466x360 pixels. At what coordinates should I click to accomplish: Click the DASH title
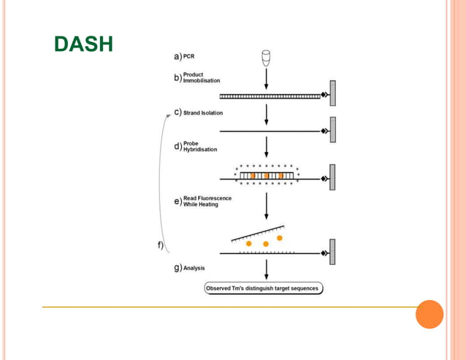84,45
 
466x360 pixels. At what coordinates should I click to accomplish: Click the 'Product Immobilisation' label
201,77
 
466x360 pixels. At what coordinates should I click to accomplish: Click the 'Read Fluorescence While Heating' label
207,202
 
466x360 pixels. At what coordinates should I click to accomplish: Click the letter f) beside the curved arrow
161,245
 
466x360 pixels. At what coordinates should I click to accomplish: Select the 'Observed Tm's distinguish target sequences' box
263,288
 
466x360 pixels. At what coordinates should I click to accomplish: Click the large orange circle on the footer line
429,314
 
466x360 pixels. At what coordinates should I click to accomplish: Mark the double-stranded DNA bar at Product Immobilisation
270,96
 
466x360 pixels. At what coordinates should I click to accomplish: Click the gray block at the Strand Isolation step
332,131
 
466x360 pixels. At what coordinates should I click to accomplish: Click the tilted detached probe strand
257,232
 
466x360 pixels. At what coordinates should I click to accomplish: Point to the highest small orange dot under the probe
279,238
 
